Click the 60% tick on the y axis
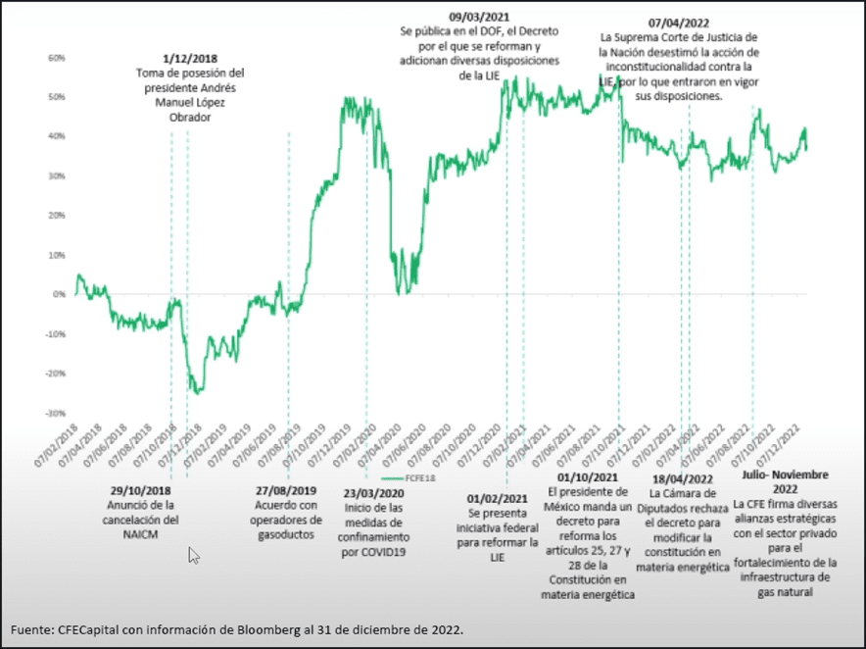tap(56, 59)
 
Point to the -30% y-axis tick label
tap(55, 413)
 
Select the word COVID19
tap(375, 551)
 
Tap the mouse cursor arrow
tap(193, 556)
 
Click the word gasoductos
tap(282, 534)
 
